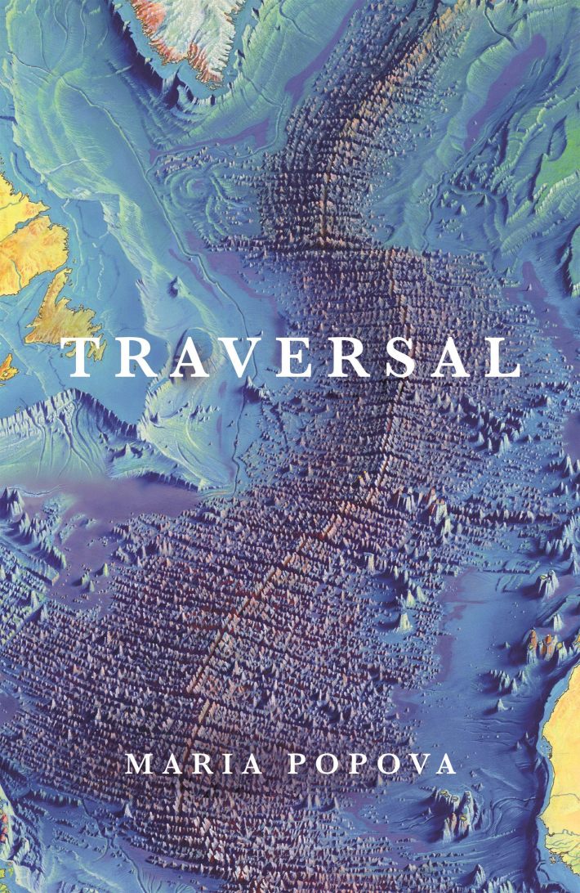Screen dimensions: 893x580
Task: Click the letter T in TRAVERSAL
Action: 83,357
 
